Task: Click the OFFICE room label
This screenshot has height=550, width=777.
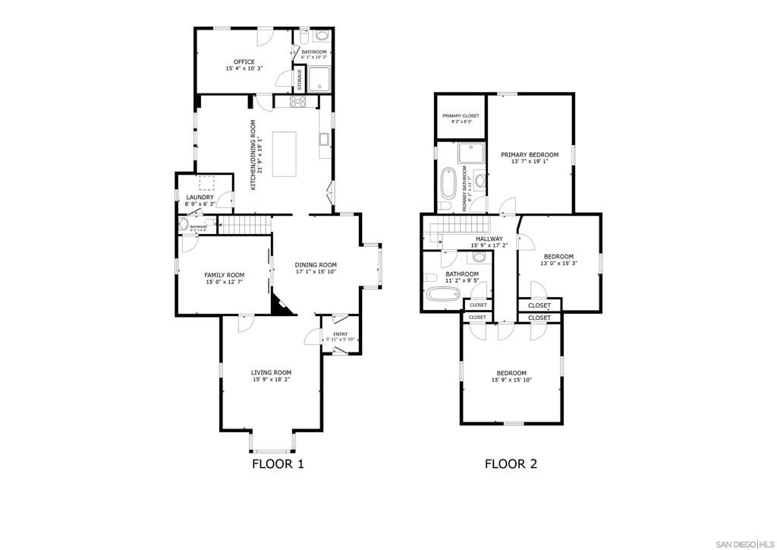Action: pos(244,62)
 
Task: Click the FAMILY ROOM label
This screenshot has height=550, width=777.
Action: pos(225,275)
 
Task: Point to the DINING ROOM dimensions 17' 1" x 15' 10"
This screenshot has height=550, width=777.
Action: pos(316,272)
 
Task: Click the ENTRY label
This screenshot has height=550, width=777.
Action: pos(341,332)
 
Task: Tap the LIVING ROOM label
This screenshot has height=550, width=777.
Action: pos(272,372)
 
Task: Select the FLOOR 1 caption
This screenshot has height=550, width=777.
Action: pos(278,463)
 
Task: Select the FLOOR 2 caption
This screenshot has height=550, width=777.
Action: pos(511,463)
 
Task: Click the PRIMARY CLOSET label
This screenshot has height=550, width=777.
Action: pos(461,116)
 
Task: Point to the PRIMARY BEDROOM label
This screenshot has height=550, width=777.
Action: pos(529,155)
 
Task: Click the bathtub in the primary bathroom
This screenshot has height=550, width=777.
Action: pos(447,186)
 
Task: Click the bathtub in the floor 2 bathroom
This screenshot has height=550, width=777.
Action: pos(442,296)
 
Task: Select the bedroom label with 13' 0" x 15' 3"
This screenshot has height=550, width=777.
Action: pos(558,256)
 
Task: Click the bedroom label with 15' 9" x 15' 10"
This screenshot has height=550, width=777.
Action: pos(511,373)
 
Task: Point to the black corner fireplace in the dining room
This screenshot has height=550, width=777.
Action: pos(280,305)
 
